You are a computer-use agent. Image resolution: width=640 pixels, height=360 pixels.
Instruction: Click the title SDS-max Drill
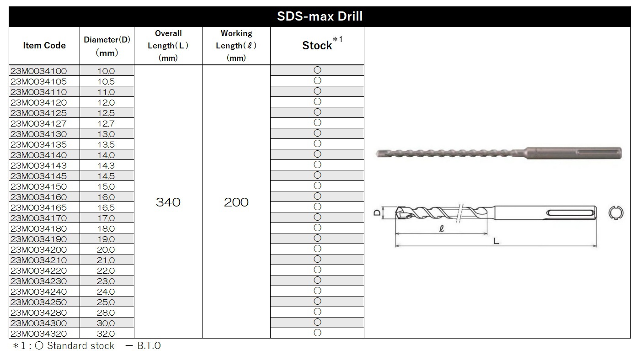point(320,16)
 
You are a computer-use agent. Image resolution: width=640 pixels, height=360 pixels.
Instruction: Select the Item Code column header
point(44,45)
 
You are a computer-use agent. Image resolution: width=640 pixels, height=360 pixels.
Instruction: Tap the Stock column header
point(317,45)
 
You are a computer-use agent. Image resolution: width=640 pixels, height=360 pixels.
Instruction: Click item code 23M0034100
point(38,71)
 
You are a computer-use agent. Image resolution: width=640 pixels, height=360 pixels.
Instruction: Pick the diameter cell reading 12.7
point(106,123)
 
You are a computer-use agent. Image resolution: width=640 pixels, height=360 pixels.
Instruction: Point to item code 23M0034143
point(38,165)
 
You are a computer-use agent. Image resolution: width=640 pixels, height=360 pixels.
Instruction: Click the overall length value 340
point(168,202)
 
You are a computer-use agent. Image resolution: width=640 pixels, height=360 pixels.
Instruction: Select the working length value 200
point(236,202)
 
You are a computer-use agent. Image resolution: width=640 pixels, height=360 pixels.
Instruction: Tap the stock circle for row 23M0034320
point(317,333)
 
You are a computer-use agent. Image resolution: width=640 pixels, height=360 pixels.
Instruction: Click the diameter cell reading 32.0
point(106,334)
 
